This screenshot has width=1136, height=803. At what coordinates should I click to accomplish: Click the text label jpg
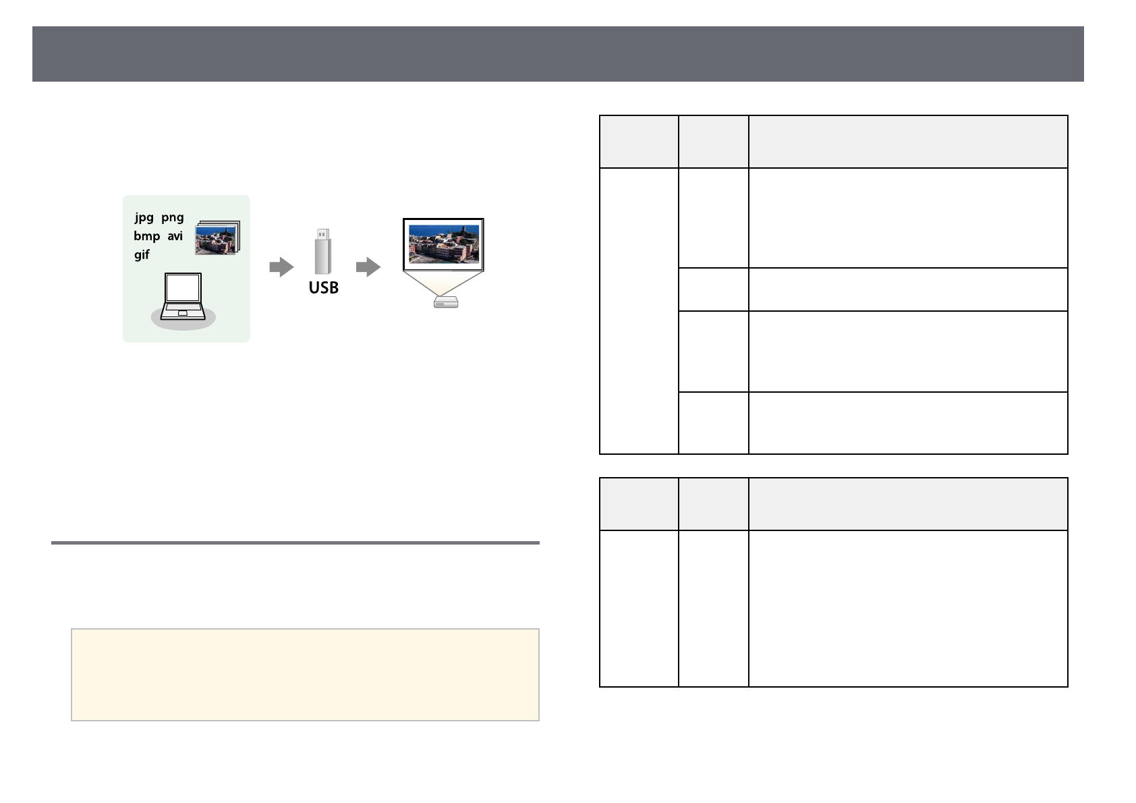click(144, 217)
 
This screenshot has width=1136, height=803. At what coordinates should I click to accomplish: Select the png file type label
click(172, 217)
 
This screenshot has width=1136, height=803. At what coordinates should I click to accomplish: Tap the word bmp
click(146, 236)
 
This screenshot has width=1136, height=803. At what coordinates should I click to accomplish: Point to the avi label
click(175, 236)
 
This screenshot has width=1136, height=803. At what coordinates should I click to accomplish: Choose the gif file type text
click(142, 254)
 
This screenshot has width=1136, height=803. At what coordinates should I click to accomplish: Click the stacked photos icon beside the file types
click(217, 238)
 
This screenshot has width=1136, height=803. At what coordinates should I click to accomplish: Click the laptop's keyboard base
click(183, 312)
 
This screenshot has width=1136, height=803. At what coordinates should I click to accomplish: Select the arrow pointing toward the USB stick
click(281, 267)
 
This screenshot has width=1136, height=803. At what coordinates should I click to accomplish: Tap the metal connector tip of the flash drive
click(323, 234)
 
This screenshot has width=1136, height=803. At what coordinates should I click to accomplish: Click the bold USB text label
click(323, 288)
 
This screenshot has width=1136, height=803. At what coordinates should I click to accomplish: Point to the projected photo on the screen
click(443, 244)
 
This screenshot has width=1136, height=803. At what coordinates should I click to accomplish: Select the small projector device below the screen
click(446, 303)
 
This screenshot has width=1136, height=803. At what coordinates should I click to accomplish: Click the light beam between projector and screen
click(444, 283)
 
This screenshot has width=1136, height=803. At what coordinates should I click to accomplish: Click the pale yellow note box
click(305, 675)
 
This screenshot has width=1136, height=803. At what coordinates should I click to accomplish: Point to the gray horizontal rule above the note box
click(295, 543)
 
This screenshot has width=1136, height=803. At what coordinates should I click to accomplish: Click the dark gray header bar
click(558, 54)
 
